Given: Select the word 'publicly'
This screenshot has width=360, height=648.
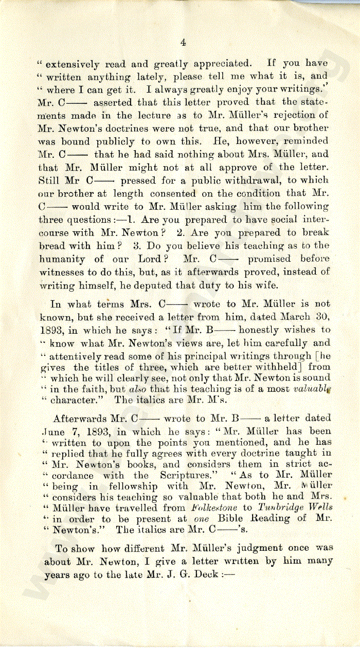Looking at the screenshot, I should (116, 141).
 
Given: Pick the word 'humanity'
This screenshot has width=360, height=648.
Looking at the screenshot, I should (62, 259).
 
